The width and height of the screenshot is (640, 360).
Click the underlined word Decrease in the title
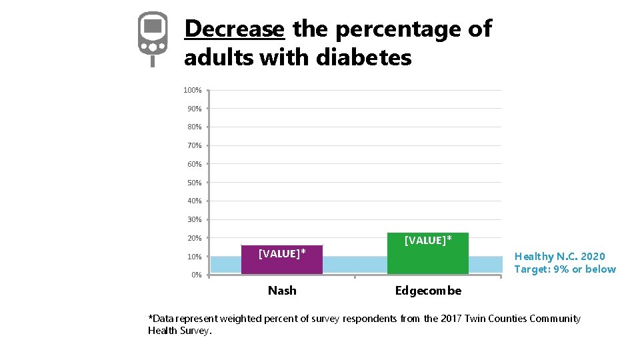coord(234,29)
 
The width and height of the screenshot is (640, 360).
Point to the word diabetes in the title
coord(363,58)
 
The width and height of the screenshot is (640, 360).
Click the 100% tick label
coord(193,90)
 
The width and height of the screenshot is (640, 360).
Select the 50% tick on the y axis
coord(194,183)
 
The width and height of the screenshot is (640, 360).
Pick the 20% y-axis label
coord(194,238)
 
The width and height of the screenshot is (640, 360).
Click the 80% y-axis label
coord(194,127)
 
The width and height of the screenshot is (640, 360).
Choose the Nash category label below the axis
coord(282,291)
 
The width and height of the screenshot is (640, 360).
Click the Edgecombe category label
coord(428,291)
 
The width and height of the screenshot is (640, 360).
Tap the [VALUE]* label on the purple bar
coord(282,253)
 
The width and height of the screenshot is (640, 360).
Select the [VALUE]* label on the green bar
coord(428,240)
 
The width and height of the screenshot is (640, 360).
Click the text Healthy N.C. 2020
coord(560,257)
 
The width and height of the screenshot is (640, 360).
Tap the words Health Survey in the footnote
coord(179,331)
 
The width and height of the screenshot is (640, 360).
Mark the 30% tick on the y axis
coord(194,219)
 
